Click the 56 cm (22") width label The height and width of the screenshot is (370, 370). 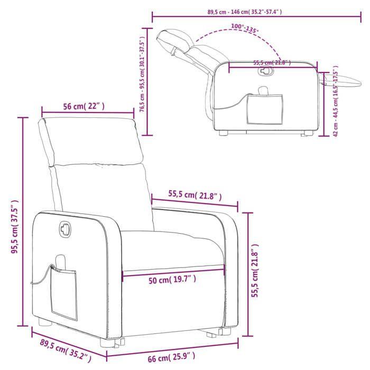point(84,106)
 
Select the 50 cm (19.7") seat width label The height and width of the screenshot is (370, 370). point(172,280)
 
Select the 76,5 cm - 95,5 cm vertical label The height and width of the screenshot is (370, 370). point(142,80)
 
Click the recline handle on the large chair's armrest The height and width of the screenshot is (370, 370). point(64,228)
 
